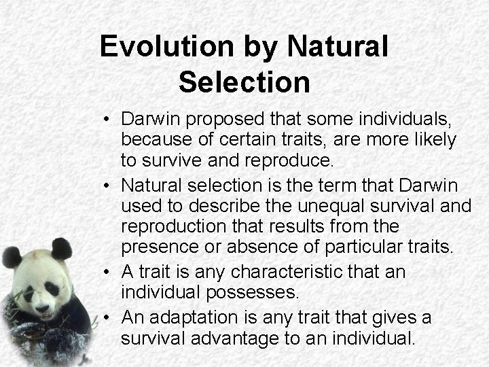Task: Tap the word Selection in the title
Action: (x=244, y=82)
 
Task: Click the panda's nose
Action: (x=40, y=307)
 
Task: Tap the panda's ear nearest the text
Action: (x=62, y=247)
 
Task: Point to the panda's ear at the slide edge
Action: (x=10, y=258)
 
